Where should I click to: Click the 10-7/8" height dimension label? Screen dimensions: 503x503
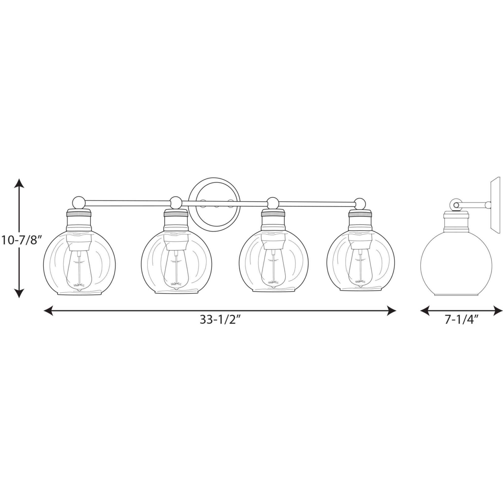pyautogui.click(x=21, y=240)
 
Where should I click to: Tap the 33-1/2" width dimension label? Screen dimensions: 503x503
pyautogui.click(x=218, y=320)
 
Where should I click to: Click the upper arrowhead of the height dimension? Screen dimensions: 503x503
pyautogui.click(x=19, y=183)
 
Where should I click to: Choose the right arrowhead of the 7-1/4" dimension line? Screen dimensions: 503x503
pyautogui.click(x=497, y=311)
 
